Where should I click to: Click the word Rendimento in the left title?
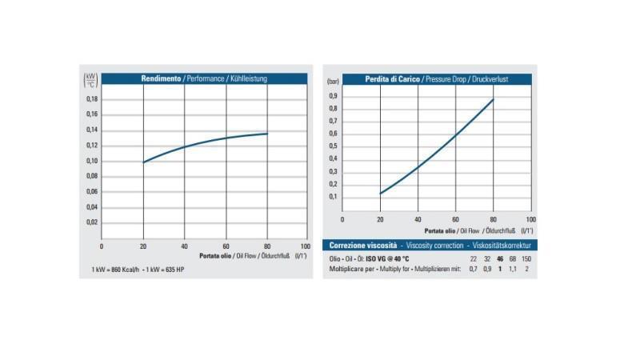tap(161, 78)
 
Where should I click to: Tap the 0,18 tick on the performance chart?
tap(92, 99)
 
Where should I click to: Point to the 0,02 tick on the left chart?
tap(92, 222)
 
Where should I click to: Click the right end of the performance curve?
tap(267, 134)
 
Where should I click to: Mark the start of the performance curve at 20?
tap(143, 162)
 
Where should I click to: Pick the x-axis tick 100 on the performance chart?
tap(305, 246)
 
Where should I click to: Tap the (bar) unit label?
tap(334, 82)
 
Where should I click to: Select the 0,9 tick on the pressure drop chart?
tap(334, 95)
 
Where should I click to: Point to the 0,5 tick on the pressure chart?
tap(334, 146)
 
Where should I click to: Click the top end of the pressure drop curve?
tap(494, 99)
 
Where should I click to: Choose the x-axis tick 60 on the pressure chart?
tap(456, 218)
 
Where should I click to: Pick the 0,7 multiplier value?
tap(473, 270)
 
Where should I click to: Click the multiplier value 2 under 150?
tap(526, 270)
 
